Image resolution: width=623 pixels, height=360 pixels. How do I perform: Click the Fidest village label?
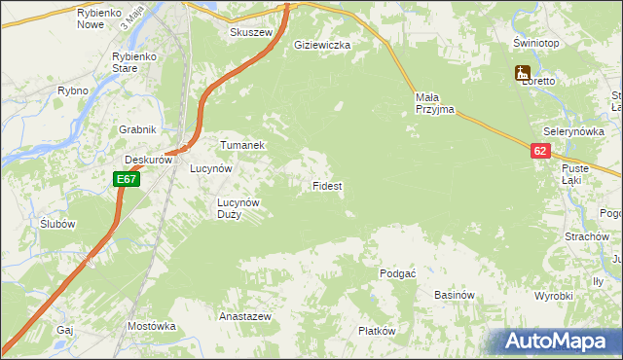pyautogui.click(x=326, y=185)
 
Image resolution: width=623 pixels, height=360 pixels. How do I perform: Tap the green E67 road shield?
pyautogui.click(x=127, y=179)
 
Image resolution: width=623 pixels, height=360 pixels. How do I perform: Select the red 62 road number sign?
pyautogui.click(x=541, y=151)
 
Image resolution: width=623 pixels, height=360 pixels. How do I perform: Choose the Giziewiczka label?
pyautogui.click(x=322, y=45)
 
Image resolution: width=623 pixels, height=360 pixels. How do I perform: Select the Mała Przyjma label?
pyautogui.click(x=434, y=103)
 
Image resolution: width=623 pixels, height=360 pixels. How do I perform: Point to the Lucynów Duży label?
pyautogui.click(x=238, y=208)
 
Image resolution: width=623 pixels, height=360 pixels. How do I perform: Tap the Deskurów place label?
pyautogui.click(x=148, y=161)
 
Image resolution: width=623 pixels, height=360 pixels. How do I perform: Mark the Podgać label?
pyautogui.click(x=398, y=274)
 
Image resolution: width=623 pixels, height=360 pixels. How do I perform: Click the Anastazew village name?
pyautogui.click(x=245, y=317)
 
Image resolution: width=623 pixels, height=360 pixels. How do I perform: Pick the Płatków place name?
pyautogui.click(x=377, y=331)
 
